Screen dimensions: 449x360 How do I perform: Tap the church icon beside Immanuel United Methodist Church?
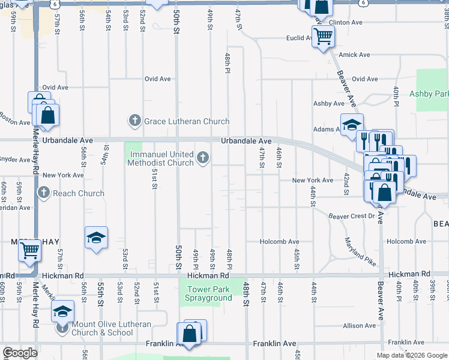pyautogui.click(x=203, y=158)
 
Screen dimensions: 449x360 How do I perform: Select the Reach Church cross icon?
pyautogui.click(x=44, y=193)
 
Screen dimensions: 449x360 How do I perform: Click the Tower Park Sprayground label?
pyautogui.click(x=206, y=293)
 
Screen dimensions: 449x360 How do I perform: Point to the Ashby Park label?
pyautogui.click(x=429, y=94)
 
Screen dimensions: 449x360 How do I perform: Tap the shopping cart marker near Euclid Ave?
pyautogui.click(x=323, y=36)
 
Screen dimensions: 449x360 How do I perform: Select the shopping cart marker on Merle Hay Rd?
pyautogui.click(x=29, y=251)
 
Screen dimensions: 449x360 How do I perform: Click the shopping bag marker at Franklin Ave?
pyautogui.click(x=189, y=334)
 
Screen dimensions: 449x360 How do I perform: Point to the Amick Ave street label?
pyautogui.click(x=354, y=55)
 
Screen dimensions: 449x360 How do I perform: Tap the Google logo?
pyautogui.click(x=20, y=353)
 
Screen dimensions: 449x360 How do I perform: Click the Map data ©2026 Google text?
pyautogui.click(x=411, y=355)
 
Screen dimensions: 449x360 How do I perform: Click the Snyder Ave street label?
pyautogui.click(x=15, y=160)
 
